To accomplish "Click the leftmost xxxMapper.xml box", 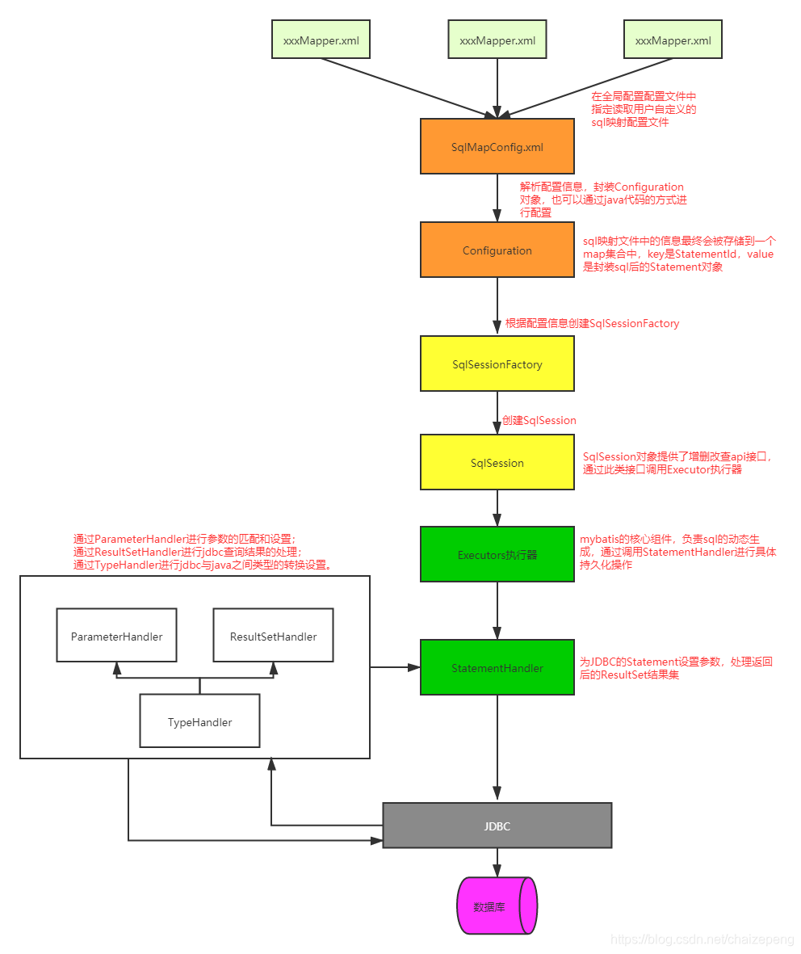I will point(321,40).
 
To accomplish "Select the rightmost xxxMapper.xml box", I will point(673,40).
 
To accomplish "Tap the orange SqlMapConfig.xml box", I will point(497,146).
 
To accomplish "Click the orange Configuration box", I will point(497,250).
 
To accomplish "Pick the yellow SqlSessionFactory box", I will point(497,364).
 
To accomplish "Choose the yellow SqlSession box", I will point(497,463).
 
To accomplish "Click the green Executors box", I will point(497,555).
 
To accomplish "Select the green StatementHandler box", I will point(497,668).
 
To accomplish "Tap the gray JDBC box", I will point(497,826).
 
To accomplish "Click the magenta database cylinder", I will point(495,906).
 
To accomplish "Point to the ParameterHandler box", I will point(116,637).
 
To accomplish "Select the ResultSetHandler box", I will point(273,637).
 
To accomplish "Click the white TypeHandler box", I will point(199,722).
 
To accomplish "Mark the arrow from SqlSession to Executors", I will point(497,508).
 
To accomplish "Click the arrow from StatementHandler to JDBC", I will point(497,747).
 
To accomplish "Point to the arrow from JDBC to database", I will point(497,862).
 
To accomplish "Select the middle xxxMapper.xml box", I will point(497,40).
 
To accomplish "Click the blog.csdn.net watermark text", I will point(702,939).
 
